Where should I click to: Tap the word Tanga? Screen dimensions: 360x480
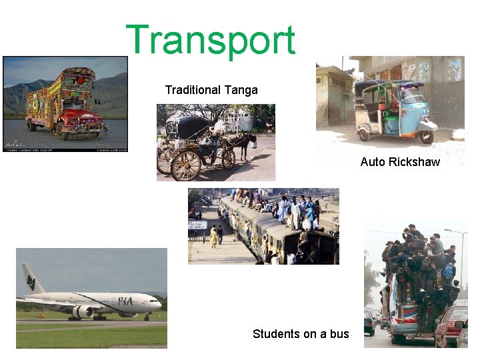tap(241, 90)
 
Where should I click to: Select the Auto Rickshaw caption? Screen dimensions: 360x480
tap(400, 162)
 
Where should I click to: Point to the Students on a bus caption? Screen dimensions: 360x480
tap(301, 334)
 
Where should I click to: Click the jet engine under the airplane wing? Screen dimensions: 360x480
tap(83, 311)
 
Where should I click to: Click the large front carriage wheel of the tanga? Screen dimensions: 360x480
tap(186, 165)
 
